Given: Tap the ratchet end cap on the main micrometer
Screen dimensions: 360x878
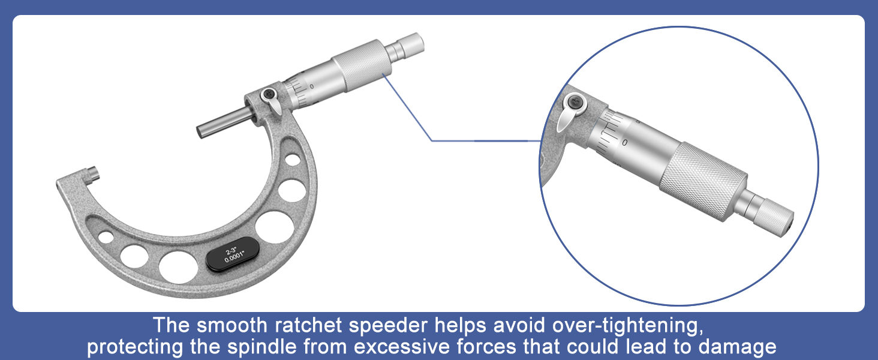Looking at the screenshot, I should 411,43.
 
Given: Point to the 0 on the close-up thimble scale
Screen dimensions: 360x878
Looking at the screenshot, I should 625,142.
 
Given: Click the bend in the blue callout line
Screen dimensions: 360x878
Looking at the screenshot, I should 432,140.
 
